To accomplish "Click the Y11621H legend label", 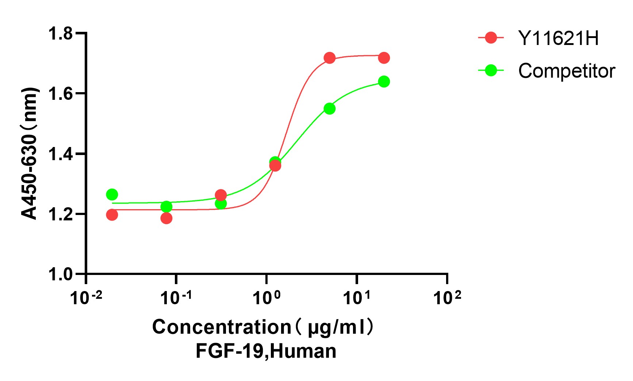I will point(558,38).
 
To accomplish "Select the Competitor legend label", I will point(566,71).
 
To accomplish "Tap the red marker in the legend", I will point(491,38).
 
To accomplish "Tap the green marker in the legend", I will point(491,70).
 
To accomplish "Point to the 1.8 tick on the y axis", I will point(61,34).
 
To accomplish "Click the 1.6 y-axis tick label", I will point(61,94).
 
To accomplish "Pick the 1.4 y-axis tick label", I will point(61,154).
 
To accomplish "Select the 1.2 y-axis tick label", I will point(61,214).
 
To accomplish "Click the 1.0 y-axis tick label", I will point(61,274).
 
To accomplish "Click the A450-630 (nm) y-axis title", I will point(29,154).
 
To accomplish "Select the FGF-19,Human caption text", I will point(266,351).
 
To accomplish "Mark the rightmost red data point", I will point(384,58).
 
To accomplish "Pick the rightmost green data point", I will point(384,81).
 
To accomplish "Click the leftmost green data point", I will point(112,195).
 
